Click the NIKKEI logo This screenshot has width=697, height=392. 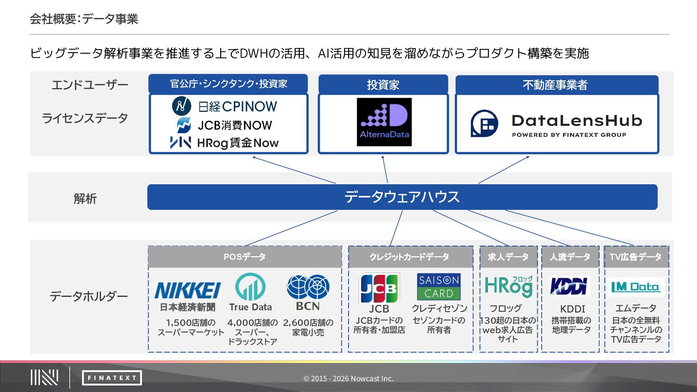pos(187,290)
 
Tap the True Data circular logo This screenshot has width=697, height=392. pos(250,287)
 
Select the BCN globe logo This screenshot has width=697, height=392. pos(308,287)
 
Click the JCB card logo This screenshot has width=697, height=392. pos(379,288)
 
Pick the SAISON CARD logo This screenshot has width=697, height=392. pos(439,286)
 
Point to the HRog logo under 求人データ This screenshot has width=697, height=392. pos(509,286)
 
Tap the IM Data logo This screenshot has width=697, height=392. pos(635,287)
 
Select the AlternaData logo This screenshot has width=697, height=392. pos(384,122)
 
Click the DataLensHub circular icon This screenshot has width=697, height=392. pos(484,123)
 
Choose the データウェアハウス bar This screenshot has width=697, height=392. pos(402,197)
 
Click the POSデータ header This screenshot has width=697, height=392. pos(245,257)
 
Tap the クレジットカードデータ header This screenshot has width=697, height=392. pos(410,257)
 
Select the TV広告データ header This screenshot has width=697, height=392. pos(636,257)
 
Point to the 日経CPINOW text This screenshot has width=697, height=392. pos(238,106)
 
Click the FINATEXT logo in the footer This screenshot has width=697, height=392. pos(112,378)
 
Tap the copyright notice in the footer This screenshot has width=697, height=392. pos(348,379)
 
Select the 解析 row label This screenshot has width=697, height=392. pos(85,199)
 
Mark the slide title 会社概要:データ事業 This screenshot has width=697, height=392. pos(84,19)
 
